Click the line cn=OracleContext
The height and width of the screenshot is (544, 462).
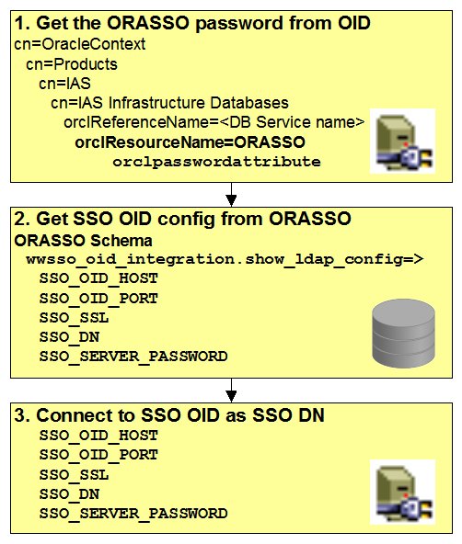coord(80,44)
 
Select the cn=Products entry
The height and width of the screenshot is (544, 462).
coord(72,64)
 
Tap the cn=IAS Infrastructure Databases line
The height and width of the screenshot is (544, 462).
coord(169,103)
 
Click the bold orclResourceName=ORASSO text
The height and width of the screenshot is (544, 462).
coord(190,142)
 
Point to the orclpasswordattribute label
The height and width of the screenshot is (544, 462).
coord(216,162)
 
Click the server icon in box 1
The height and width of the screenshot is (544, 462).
coord(403,142)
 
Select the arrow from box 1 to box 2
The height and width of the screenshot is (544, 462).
coord(231,194)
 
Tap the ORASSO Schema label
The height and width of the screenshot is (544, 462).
coord(84,241)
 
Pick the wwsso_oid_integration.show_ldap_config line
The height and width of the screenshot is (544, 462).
coord(225,259)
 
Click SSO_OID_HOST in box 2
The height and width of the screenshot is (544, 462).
coord(98,278)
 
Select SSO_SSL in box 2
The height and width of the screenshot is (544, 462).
coord(74,318)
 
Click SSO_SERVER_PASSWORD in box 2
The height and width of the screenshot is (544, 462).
coord(133,357)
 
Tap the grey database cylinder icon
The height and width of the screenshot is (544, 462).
coord(403,333)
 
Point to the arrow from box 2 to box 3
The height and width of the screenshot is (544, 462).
coord(231,391)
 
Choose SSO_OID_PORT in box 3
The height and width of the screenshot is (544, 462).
coord(98,455)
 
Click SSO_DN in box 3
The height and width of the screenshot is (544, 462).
coord(69,494)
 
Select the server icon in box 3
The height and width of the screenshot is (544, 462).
coord(403,493)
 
